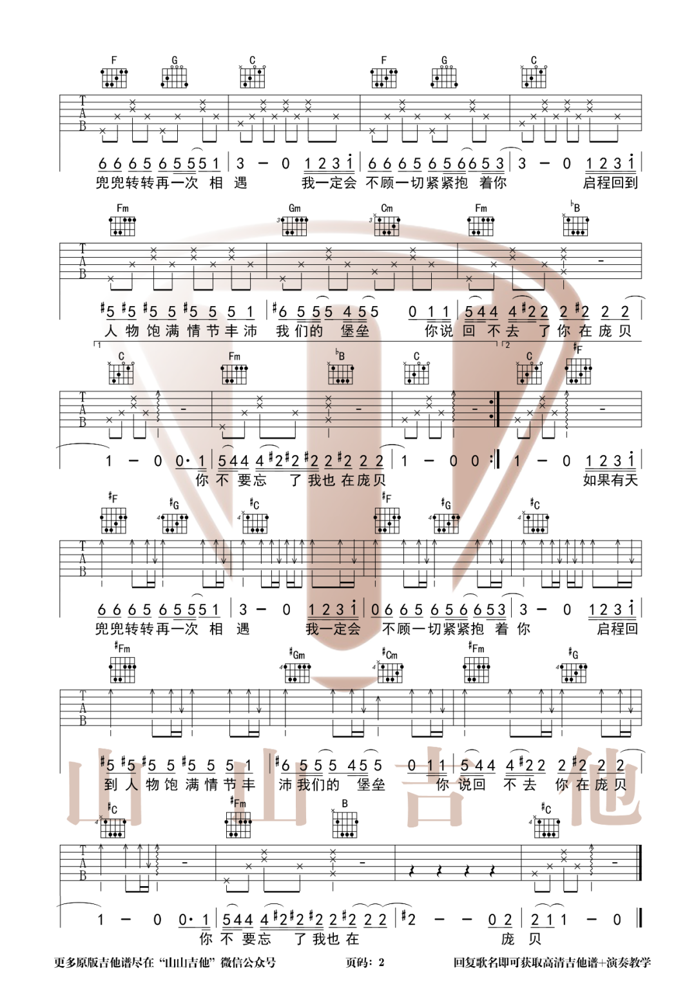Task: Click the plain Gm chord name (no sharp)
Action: pos(295,207)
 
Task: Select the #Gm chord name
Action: pos(297,655)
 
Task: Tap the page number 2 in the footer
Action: pos(382,963)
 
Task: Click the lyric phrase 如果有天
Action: pos(610,480)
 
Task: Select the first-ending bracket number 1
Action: pos(99,345)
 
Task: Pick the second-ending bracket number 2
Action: pos(508,345)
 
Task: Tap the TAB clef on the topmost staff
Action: pos(82,113)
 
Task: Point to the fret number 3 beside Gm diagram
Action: pos(278,220)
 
